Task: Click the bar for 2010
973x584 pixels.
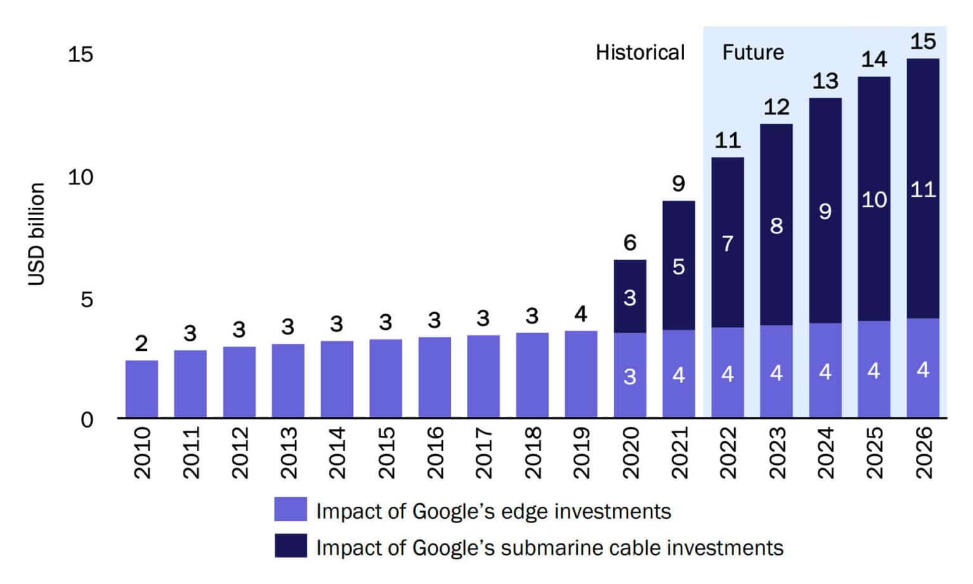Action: tap(141, 389)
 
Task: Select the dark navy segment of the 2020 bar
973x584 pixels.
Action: tap(630, 296)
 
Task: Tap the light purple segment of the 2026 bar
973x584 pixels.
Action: tap(922, 368)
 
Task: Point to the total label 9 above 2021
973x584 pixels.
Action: tap(678, 184)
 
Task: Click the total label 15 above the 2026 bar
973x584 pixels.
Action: tap(922, 42)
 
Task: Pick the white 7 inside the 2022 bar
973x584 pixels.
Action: tap(727, 243)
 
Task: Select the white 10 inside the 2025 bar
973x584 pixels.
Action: tap(874, 200)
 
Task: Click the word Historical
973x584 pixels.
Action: tap(640, 53)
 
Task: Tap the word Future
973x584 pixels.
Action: tap(753, 53)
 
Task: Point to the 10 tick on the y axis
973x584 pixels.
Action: tap(80, 177)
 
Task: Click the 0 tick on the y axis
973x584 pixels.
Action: tap(87, 419)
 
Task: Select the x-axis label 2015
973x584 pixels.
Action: tap(386, 452)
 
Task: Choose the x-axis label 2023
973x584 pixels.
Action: tap(777, 452)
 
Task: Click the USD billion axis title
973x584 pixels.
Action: tap(37, 234)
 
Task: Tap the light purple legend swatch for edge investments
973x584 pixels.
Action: tap(290, 509)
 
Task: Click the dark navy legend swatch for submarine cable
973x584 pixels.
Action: tap(290, 546)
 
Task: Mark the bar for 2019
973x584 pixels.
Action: tap(581, 374)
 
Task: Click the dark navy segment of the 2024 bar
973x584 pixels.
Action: tap(825, 210)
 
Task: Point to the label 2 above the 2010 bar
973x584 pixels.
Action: tap(141, 343)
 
